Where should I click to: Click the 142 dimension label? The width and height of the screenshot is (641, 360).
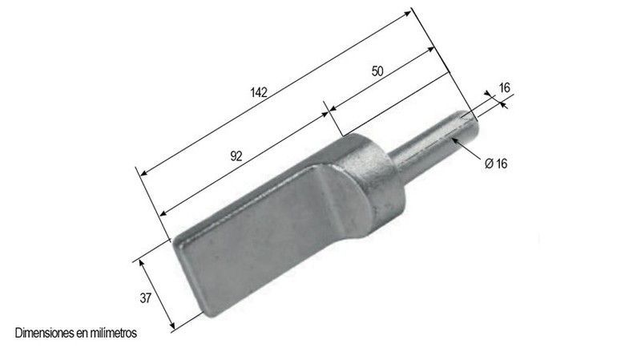click(x=259, y=92)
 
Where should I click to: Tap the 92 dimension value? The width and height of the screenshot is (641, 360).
click(x=236, y=156)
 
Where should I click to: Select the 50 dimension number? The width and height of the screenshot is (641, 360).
click(x=377, y=71)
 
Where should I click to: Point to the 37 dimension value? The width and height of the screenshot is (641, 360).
click(x=146, y=298)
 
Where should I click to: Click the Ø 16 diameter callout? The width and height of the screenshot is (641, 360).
click(x=496, y=164)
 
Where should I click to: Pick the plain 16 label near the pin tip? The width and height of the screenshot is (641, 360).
click(x=505, y=87)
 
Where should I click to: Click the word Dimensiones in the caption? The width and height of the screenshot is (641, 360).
click(x=45, y=333)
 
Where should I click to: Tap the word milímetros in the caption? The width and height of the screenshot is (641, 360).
click(x=112, y=333)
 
